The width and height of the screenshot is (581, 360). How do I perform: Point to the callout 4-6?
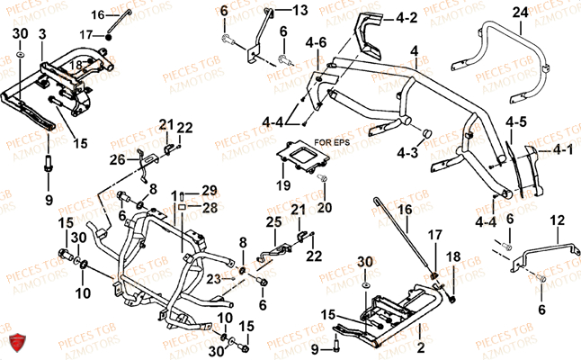316,42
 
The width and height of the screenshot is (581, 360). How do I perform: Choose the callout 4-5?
515,121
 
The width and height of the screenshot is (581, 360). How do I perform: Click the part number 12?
558,220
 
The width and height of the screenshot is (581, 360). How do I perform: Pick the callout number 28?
209,208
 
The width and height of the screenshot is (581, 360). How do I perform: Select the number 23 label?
212,278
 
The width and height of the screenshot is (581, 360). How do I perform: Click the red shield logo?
14,343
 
